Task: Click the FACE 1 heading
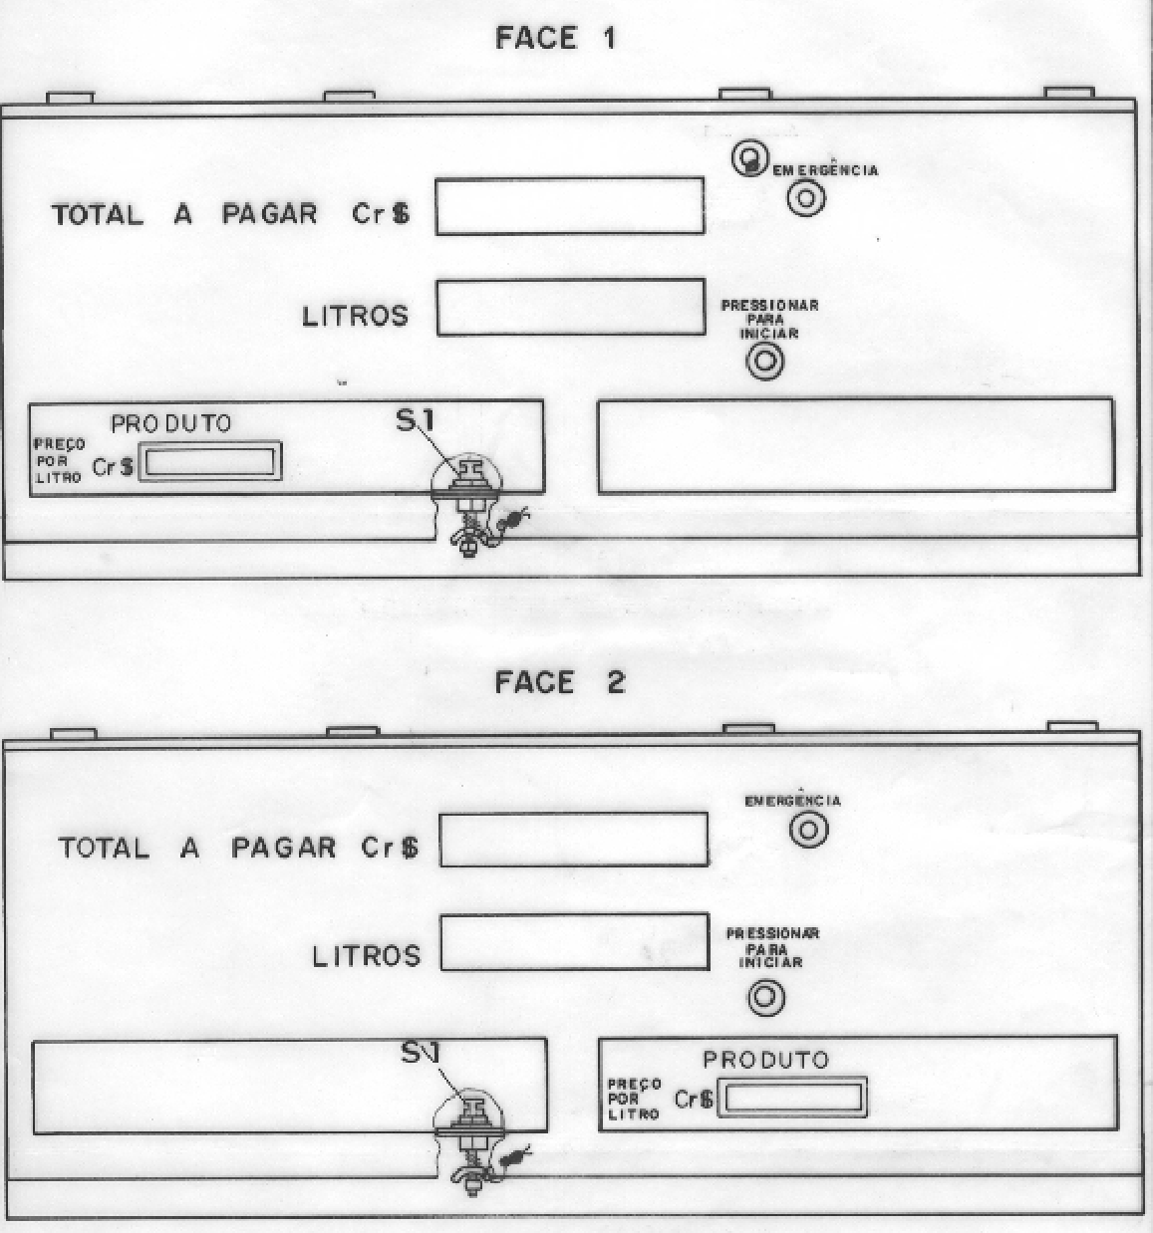(x=555, y=38)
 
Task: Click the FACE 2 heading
(x=560, y=682)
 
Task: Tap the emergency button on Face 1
(x=806, y=198)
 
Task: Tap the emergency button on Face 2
(x=808, y=830)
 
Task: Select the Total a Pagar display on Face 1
(x=570, y=206)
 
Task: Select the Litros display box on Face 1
(x=571, y=308)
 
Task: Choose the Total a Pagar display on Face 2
(x=573, y=839)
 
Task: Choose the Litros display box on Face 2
(x=575, y=941)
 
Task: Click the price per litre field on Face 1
(x=210, y=461)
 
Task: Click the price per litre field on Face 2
(x=792, y=1098)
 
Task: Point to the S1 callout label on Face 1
(x=415, y=420)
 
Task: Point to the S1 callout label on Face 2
(x=420, y=1052)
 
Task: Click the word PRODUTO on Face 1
(x=170, y=423)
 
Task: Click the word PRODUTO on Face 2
(x=766, y=1060)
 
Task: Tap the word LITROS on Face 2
(x=367, y=956)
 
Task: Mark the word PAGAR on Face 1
(x=270, y=214)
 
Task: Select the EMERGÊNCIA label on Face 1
(x=825, y=169)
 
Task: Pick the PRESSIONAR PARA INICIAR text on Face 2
(x=772, y=948)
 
